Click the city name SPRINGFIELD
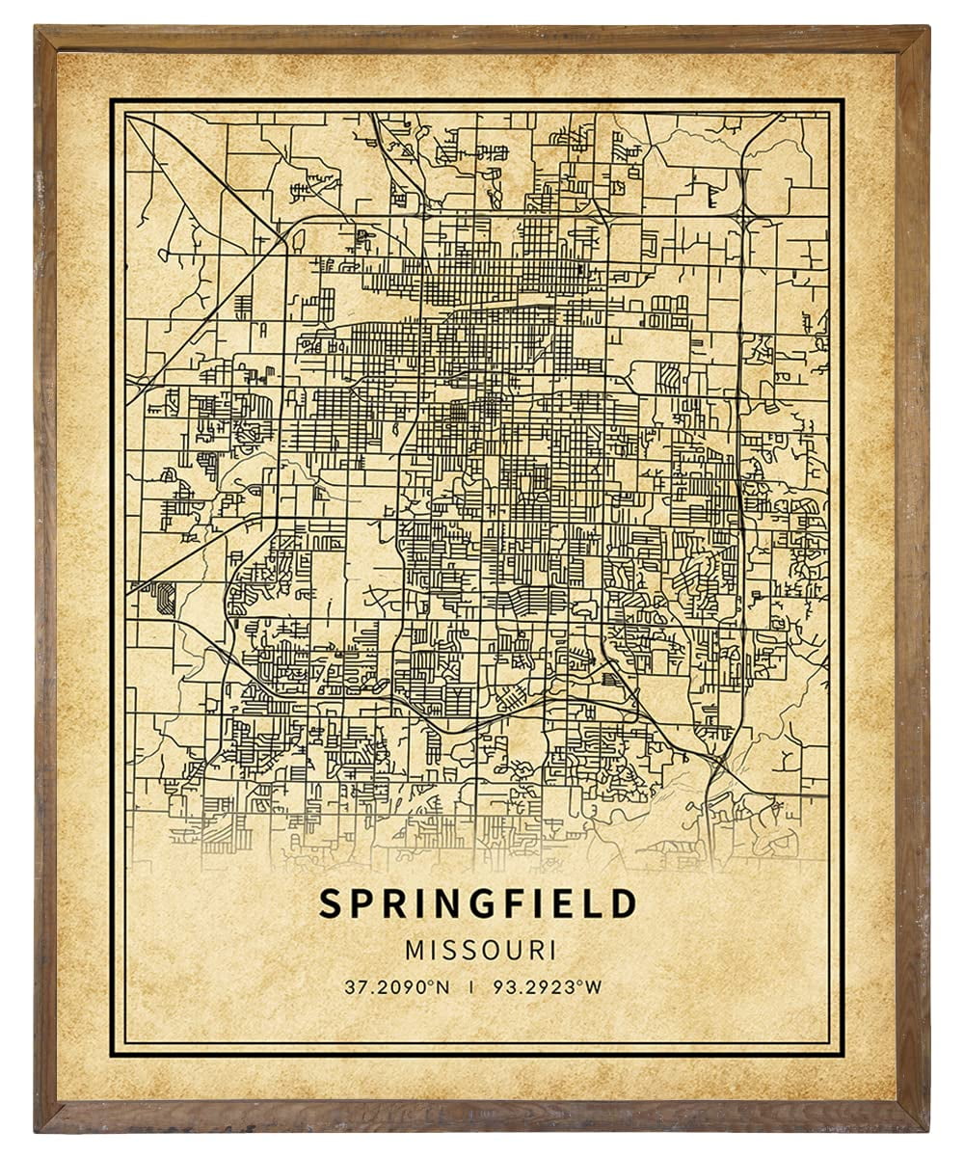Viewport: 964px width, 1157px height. [479, 904]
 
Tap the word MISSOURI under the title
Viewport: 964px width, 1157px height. [480, 950]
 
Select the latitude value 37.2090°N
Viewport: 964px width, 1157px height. [394, 986]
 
